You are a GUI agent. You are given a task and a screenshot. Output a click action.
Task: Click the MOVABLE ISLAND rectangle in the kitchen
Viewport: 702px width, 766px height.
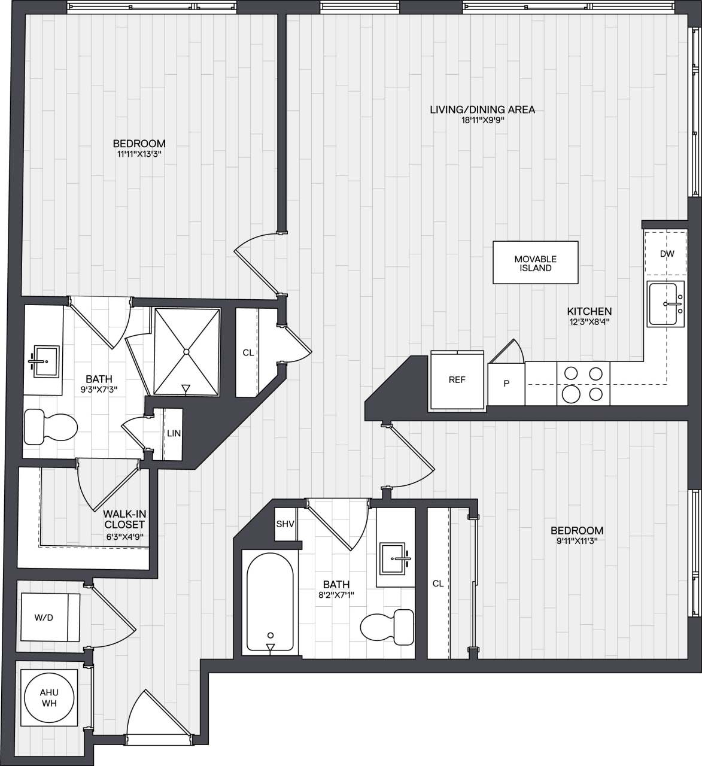click(535, 263)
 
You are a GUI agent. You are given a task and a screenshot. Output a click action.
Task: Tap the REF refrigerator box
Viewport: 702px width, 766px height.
click(457, 380)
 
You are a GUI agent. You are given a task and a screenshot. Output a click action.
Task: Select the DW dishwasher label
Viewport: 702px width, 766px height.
click(667, 254)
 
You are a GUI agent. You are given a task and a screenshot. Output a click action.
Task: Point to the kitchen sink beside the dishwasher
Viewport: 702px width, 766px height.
click(666, 304)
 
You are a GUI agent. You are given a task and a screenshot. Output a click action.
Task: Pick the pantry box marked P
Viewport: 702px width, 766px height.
click(506, 384)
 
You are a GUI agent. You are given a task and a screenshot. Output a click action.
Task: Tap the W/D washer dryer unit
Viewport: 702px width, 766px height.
click(50, 618)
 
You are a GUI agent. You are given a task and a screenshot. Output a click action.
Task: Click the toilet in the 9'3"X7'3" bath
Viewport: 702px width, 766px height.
click(51, 427)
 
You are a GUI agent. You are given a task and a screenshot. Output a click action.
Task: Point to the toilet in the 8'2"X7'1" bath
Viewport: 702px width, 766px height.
click(388, 627)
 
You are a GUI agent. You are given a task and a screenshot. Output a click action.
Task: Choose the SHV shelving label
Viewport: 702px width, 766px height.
click(285, 524)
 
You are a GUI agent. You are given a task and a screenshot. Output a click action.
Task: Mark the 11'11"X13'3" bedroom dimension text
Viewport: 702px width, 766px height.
click(139, 154)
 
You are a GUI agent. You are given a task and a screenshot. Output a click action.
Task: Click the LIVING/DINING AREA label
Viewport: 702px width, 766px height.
click(482, 110)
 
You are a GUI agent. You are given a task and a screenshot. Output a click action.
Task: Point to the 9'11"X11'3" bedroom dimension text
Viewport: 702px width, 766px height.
click(576, 541)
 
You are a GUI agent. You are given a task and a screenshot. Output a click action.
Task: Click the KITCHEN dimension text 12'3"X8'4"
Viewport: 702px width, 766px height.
click(589, 321)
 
